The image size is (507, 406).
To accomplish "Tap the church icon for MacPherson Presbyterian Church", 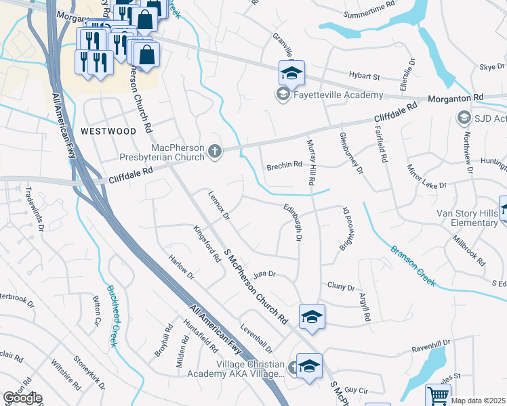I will pos(215,150).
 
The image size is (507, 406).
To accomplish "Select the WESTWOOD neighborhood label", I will pos(108,130).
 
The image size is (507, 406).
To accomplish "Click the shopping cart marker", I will pos(438,396).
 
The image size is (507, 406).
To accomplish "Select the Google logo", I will pos(22,398).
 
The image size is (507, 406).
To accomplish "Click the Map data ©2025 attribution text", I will pos(479,401).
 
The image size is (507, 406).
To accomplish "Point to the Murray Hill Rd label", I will pos(311,163).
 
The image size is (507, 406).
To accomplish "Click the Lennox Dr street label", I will pos(219,205).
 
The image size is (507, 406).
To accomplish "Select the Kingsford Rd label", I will pos(207,244).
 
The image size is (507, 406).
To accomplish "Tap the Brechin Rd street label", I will pos(284,165).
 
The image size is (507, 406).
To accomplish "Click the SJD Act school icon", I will pos(464,118).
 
